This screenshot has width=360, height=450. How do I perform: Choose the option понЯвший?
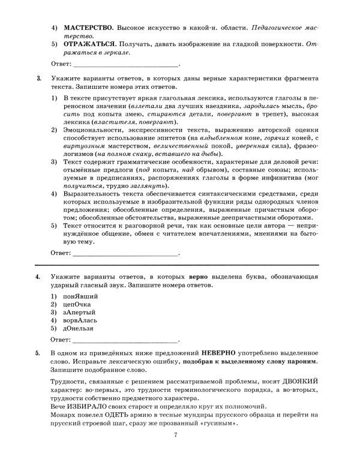80,295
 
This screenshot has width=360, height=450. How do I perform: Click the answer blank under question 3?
125,254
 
